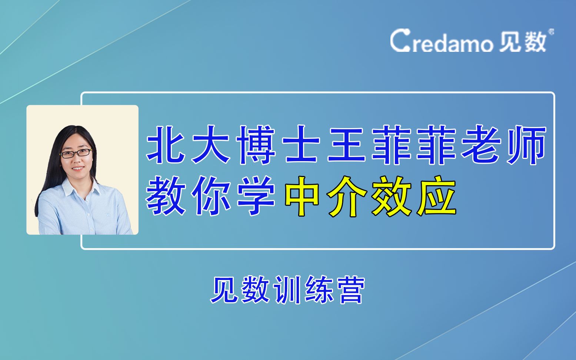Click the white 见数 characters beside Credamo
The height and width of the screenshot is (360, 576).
[x=523, y=41]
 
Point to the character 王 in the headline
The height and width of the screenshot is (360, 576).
[x=347, y=145]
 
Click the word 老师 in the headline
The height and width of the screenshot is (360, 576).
[x=502, y=145]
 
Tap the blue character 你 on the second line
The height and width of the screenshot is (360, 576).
[x=212, y=196]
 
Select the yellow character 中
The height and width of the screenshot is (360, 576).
[x=302, y=196]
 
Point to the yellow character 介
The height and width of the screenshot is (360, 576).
[x=347, y=196]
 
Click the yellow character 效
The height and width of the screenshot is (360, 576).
[x=392, y=196]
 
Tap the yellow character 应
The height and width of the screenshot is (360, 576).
[x=436, y=196]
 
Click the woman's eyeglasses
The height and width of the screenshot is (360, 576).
[x=76, y=153]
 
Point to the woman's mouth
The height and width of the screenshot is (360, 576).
[x=78, y=169]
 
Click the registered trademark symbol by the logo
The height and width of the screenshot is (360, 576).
[x=551, y=31]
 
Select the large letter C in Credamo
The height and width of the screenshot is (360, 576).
[x=399, y=41]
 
